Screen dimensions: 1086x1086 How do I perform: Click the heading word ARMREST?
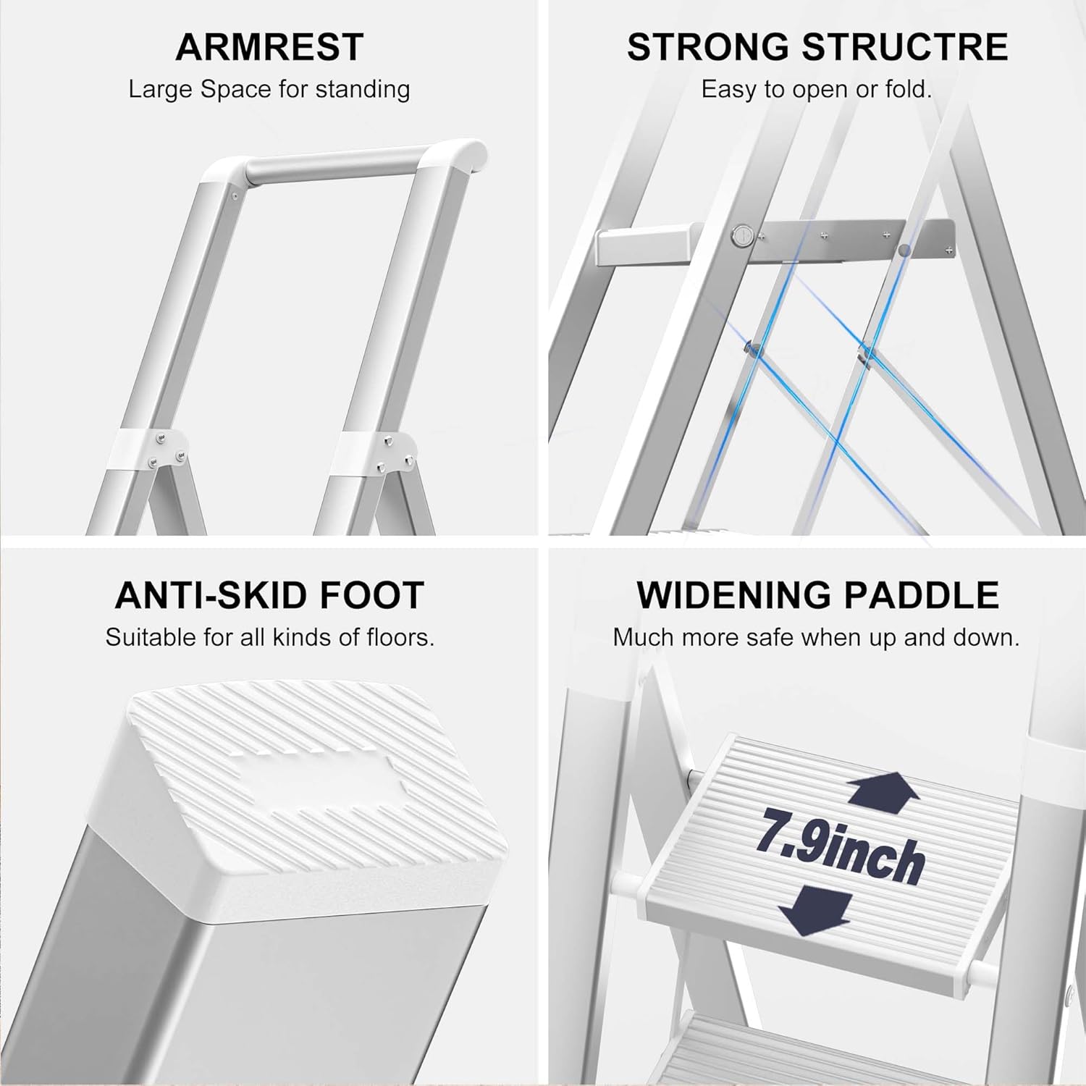pos(269,47)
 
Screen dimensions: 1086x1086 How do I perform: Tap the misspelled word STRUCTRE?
pos(905,47)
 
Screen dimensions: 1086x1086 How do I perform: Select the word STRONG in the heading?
pos(708,47)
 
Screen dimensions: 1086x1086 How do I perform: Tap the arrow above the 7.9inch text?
pos(883,791)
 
